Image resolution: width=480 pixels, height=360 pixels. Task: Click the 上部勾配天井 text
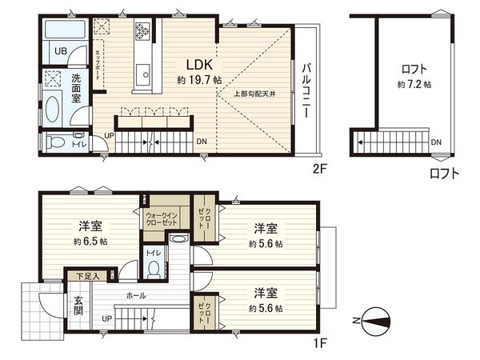pyautogui.click(x=254, y=94)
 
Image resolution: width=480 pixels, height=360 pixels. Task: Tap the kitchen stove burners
pyautogui.click(x=143, y=31)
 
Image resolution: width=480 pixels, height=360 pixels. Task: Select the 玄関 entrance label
pyautogui.click(x=79, y=307)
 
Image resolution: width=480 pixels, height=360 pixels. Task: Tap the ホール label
pyautogui.click(x=135, y=295)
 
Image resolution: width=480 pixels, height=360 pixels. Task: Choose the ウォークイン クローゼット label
pyautogui.click(x=162, y=219)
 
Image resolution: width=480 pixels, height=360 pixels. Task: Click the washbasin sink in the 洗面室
pyautogui.click(x=53, y=108)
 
